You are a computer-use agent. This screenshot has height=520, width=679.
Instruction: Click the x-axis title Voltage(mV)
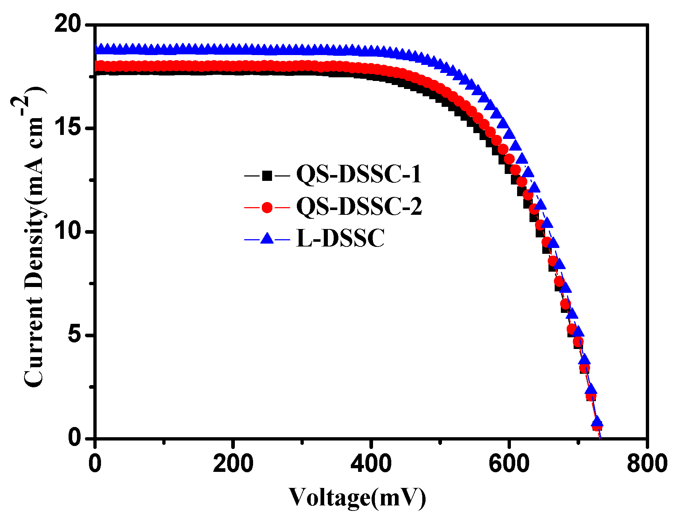(357, 497)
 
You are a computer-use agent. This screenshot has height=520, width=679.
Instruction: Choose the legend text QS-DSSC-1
(359, 174)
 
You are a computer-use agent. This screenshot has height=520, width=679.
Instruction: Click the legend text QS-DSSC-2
(359, 206)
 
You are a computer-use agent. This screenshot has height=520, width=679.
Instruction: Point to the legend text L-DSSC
(340, 239)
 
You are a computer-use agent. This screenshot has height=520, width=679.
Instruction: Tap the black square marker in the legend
(267, 176)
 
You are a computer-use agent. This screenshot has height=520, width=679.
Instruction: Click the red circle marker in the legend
(267, 207)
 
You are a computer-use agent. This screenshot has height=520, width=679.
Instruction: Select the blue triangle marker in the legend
(267, 239)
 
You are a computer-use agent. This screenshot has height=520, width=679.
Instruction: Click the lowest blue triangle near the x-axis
(597, 422)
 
